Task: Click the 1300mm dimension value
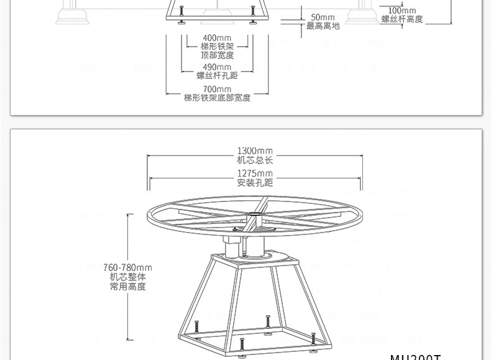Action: click(255, 151)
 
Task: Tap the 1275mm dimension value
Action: click(255, 173)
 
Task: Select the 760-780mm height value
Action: click(127, 268)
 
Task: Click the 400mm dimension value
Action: click(217, 38)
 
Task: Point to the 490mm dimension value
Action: click(217, 67)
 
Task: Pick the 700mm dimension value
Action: click(217, 90)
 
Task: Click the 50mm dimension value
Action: click(323, 17)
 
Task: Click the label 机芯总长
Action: click(255, 160)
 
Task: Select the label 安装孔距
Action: click(255, 183)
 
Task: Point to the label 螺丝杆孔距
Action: click(217, 76)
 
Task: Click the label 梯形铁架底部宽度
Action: click(217, 98)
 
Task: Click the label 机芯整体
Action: click(127, 277)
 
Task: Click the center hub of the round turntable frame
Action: click(255, 215)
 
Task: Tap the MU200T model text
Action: click(415, 357)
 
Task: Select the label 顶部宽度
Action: click(217, 55)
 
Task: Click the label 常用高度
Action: click(127, 287)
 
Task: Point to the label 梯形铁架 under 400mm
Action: click(217, 47)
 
